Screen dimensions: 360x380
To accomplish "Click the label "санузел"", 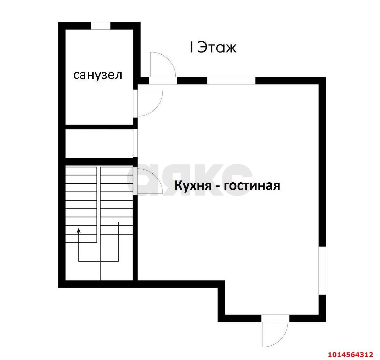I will click(x=97, y=75).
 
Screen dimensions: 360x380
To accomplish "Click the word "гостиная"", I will click(x=252, y=185).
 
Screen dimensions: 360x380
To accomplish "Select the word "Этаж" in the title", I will click(x=217, y=48).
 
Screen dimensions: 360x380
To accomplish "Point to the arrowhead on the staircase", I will click(x=79, y=230).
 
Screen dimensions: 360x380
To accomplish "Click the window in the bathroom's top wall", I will click(x=101, y=25).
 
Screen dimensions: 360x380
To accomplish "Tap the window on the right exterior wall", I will click(x=322, y=270).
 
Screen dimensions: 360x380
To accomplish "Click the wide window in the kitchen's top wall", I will click(x=231, y=80).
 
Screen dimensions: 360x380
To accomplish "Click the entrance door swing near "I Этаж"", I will click(x=162, y=64).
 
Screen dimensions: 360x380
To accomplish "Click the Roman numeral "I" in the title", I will click(x=191, y=48).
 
